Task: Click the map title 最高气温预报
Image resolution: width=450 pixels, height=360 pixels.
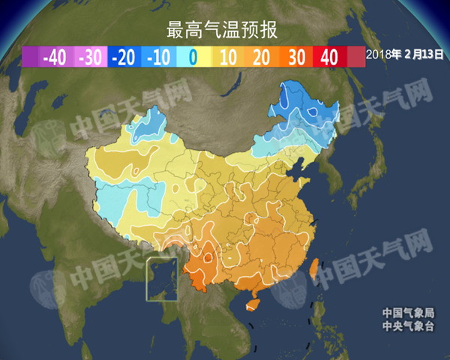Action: point(222,30)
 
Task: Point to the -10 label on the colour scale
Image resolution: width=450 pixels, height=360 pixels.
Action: point(157,57)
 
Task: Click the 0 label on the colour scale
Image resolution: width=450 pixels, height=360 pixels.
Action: point(192,57)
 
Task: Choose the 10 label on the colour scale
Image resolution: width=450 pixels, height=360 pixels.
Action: point(228,57)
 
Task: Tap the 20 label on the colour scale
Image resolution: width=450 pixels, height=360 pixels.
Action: point(262,57)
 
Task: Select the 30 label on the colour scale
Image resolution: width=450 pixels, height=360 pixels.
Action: point(295,57)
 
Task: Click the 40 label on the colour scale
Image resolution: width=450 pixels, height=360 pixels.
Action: point(329,57)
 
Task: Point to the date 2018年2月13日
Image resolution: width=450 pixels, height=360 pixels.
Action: point(405,54)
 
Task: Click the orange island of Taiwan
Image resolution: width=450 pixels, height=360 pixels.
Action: point(316,269)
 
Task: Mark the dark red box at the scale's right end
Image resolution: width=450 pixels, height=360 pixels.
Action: point(355,57)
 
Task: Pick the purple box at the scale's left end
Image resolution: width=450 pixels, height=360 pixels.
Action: point(31,57)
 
